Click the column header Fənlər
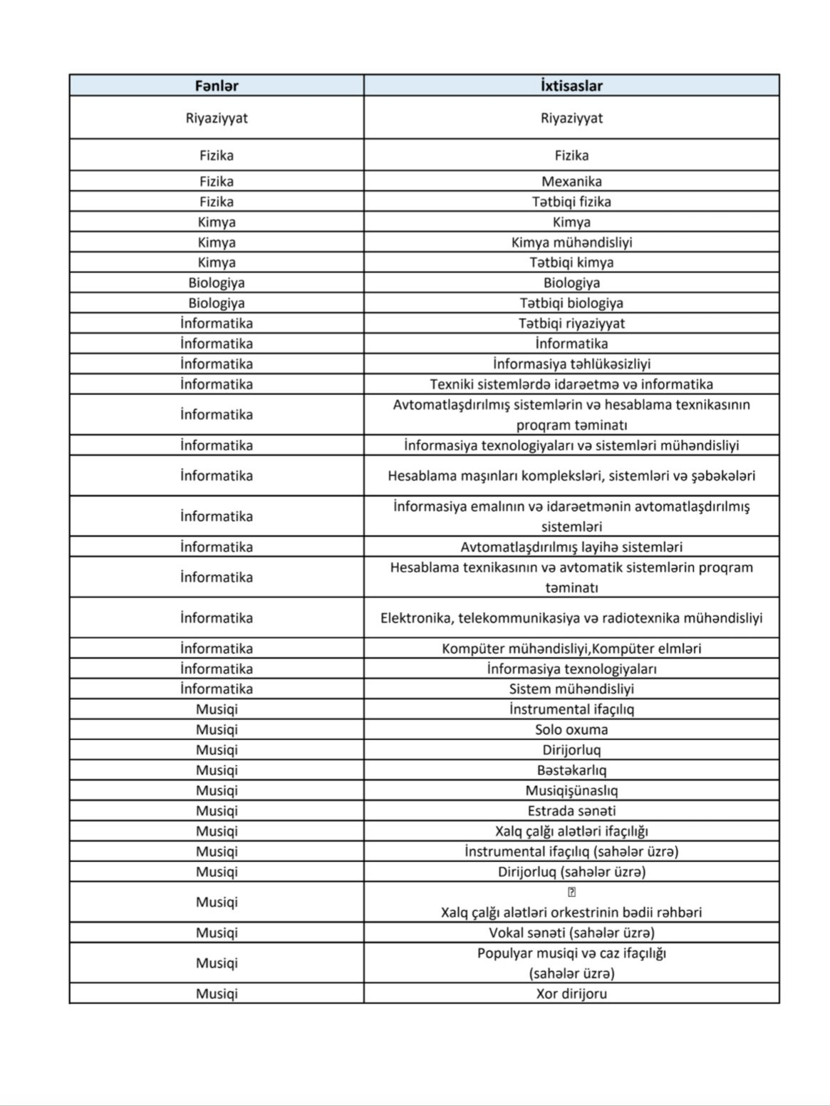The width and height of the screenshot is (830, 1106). pyautogui.click(x=217, y=86)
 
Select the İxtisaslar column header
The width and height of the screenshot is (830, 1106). pyautogui.click(x=571, y=86)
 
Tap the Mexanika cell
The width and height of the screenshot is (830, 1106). pyautogui.click(x=571, y=181)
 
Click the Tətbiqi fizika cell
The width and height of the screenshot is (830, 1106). pyautogui.click(x=571, y=202)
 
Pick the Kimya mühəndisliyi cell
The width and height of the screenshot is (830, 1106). pyautogui.click(x=571, y=242)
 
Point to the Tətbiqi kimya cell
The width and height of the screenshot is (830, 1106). pyautogui.click(x=571, y=262)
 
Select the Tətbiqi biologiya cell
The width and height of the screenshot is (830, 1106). pyautogui.click(x=571, y=303)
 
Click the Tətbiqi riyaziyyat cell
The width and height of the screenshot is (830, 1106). pyautogui.click(x=571, y=323)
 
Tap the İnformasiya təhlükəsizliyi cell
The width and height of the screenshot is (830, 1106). pyautogui.click(x=571, y=364)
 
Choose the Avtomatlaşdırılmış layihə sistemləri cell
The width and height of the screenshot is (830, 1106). pyautogui.click(x=571, y=547)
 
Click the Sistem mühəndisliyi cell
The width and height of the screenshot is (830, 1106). pyautogui.click(x=571, y=689)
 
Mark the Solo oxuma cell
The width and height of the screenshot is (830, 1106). pyautogui.click(x=571, y=729)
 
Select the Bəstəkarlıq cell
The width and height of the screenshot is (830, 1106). pyautogui.click(x=571, y=770)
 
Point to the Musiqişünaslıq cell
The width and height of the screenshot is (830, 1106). pyautogui.click(x=571, y=790)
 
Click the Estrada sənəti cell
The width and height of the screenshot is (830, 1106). pyautogui.click(x=571, y=811)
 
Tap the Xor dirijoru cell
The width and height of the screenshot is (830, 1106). pyautogui.click(x=571, y=993)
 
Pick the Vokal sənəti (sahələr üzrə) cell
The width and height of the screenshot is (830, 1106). pyautogui.click(x=571, y=933)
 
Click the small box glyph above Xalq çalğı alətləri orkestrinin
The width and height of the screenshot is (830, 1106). pyautogui.click(x=571, y=892)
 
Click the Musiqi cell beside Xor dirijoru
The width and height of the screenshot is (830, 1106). pyautogui.click(x=217, y=993)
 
